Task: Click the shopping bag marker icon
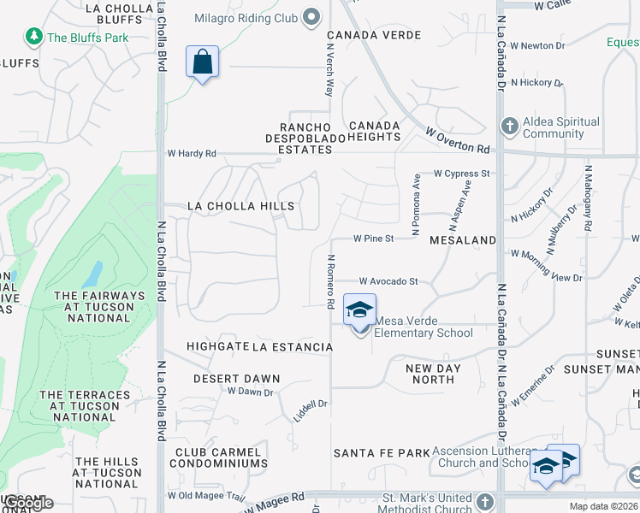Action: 202,62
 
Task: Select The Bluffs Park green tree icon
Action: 33,37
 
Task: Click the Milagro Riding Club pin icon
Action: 311,15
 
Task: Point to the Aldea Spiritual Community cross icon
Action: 509,127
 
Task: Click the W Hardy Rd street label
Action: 192,154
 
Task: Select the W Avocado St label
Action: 388,281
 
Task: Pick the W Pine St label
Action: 374,239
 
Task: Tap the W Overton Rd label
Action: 459,140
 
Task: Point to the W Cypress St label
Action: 461,174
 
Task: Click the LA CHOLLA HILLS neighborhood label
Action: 240,206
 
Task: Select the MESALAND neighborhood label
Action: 463,240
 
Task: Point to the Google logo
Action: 28,503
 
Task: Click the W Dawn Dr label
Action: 250,392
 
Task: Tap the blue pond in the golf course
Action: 92,274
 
